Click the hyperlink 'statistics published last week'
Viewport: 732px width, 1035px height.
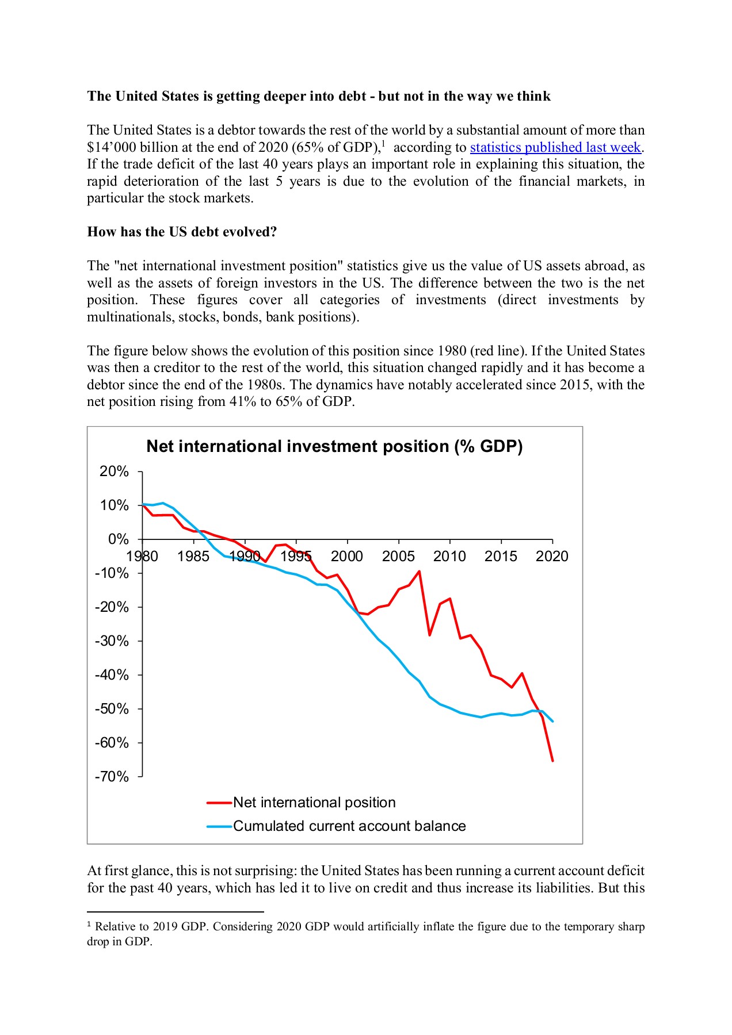(555, 147)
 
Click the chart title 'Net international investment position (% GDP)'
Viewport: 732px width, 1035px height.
(334, 447)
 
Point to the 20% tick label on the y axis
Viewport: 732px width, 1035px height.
(114, 471)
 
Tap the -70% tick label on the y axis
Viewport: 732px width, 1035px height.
(112, 777)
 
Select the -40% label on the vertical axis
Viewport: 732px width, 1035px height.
(112, 675)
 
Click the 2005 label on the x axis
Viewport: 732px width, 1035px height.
(398, 556)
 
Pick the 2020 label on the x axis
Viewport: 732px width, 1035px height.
(552, 556)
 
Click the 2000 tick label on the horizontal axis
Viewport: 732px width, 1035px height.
(347, 556)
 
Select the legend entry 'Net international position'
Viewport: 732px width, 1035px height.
(314, 803)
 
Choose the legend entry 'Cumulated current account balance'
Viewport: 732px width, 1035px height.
(349, 826)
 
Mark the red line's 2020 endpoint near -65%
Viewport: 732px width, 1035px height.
(552, 761)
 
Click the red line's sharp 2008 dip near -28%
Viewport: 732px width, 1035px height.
(429, 635)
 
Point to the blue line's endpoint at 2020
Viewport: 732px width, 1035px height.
(552, 721)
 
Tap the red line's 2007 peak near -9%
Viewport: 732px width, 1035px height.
(419, 571)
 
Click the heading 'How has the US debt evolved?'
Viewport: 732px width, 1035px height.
(182, 232)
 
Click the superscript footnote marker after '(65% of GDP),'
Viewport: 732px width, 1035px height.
(383, 143)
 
